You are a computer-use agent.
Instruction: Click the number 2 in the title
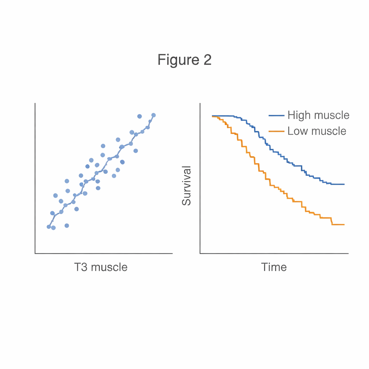pos(207,60)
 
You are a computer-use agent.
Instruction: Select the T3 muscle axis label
pos(101,267)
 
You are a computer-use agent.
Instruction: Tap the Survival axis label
pos(186,186)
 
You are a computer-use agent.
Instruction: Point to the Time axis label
pos(274,267)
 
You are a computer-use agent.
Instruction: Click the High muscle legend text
pos(318,115)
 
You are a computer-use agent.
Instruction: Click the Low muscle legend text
pos(317,131)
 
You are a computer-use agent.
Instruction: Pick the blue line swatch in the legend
pos(276,116)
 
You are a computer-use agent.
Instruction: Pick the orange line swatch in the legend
pos(276,131)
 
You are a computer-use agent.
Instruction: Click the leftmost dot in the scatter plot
pos(49,227)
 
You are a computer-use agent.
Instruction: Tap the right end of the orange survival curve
pos(344,224)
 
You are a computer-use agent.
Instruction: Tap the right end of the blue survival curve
pos(344,184)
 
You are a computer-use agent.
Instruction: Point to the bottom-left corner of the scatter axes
pos(35,253)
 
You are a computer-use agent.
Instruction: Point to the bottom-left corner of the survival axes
pos(200,253)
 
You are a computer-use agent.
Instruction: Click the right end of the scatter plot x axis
pos(172,253)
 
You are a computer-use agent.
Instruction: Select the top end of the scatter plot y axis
pos(35,103)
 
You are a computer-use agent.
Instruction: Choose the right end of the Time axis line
pos(348,253)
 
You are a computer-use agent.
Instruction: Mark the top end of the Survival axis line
pos(200,103)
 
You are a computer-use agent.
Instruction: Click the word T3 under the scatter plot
pos(81,267)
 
